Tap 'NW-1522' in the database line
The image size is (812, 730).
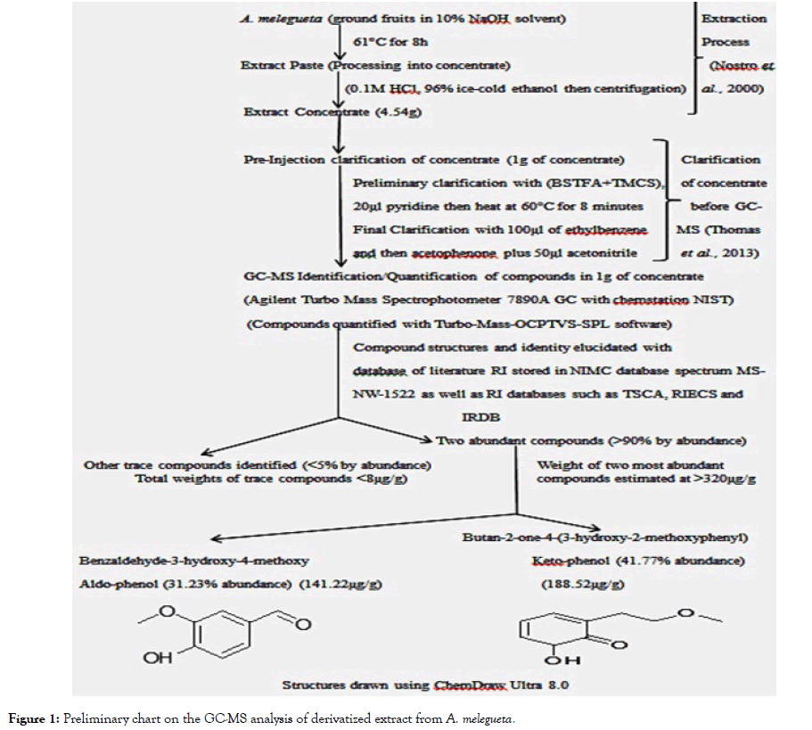coord(381,393)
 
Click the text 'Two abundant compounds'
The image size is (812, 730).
coord(513,439)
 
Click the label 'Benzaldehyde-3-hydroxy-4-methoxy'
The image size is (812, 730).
coord(193,560)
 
